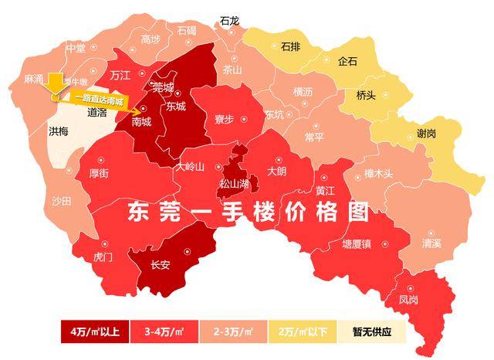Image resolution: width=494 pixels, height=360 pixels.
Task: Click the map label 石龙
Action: pyautogui.click(x=229, y=21)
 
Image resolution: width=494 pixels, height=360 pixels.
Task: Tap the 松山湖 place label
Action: pyautogui.click(x=234, y=184)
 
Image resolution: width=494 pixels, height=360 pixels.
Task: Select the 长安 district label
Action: pyautogui.click(x=160, y=264)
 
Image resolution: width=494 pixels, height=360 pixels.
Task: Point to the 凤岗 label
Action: pyautogui.click(x=410, y=297)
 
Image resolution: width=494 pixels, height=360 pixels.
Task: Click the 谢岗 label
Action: pyautogui.click(x=426, y=133)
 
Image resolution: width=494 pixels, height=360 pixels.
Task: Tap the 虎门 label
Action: pyautogui.click(x=103, y=256)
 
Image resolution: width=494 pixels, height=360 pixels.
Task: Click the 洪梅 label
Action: pyautogui.click(x=59, y=131)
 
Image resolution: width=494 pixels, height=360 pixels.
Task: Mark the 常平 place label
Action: pyautogui.click(x=315, y=137)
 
